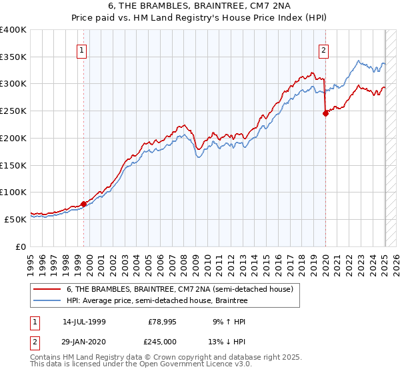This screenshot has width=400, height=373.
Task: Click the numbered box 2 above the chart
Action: tap(323, 49)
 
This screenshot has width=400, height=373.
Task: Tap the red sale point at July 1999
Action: tap(84, 204)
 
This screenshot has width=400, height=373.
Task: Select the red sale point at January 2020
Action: tap(325, 113)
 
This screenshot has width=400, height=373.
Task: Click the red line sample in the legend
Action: tap(47, 290)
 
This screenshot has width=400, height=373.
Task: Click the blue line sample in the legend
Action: tap(47, 301)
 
